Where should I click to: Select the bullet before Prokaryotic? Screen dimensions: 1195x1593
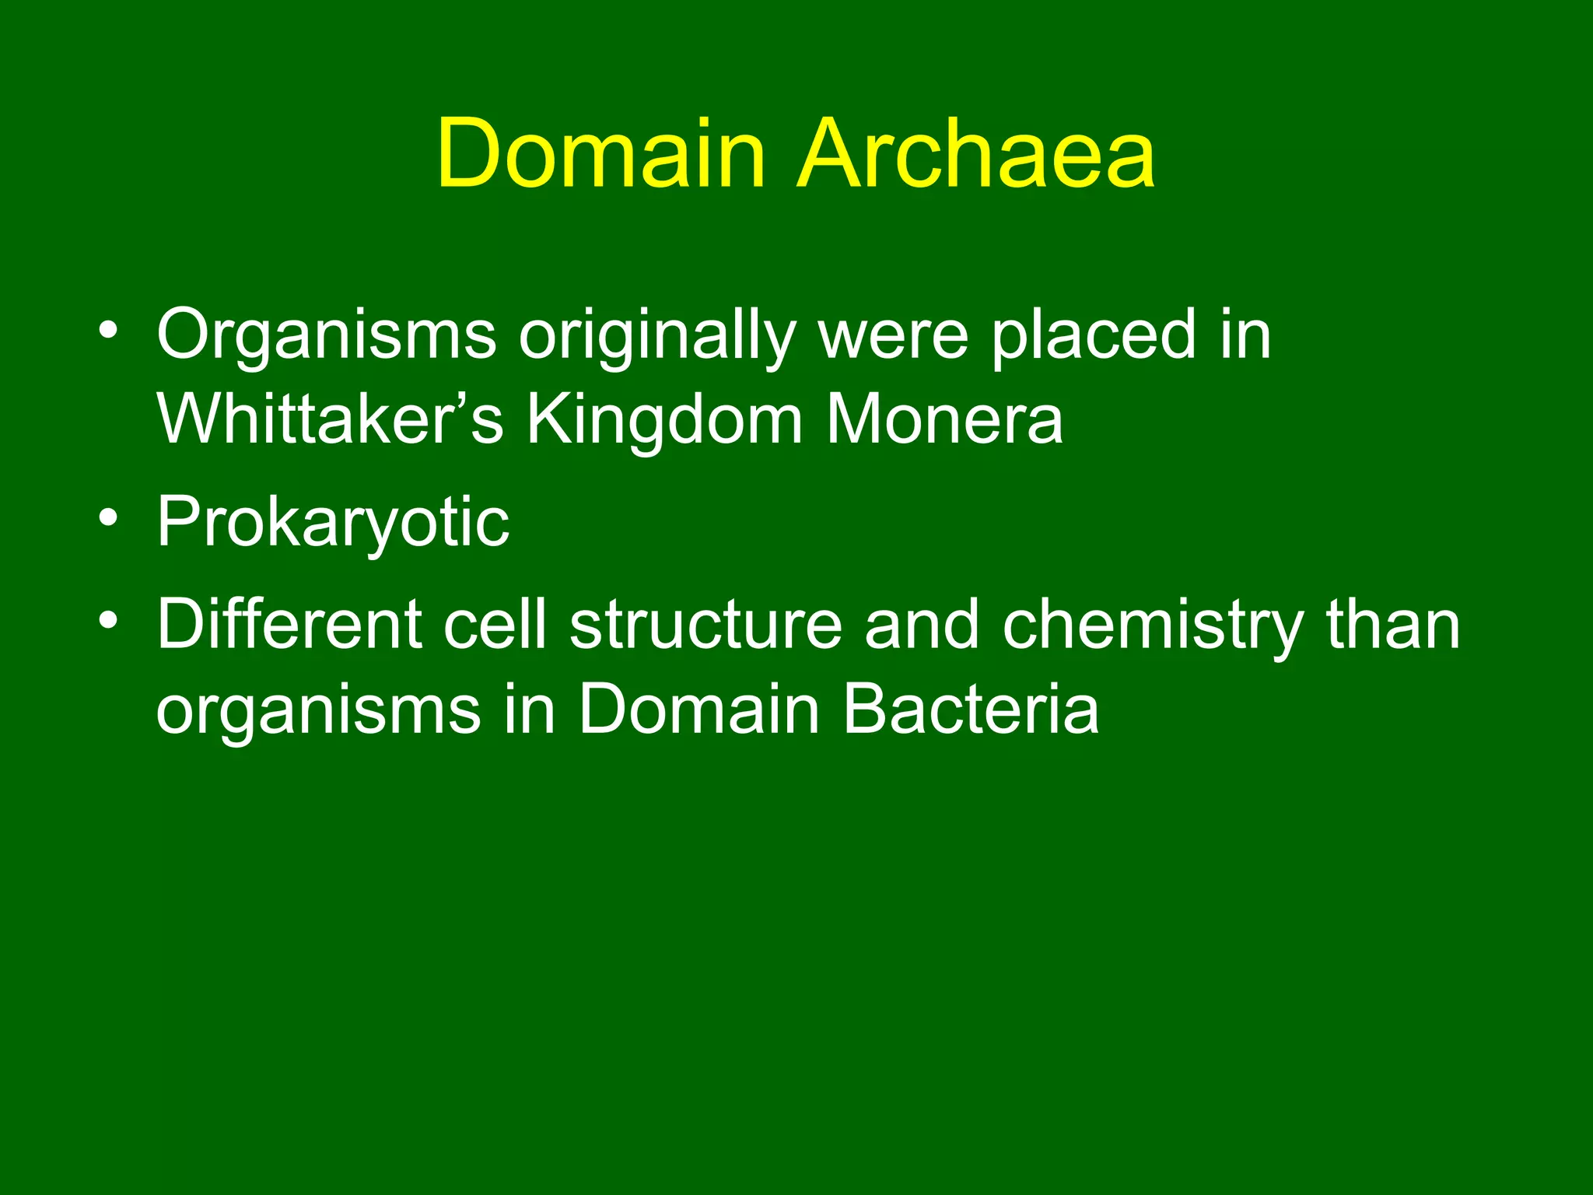click(108, 518)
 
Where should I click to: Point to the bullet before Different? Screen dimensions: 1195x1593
click(108, 621)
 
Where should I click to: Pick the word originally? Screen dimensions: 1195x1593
click(657, 338)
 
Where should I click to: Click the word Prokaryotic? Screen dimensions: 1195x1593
click(333, 524)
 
